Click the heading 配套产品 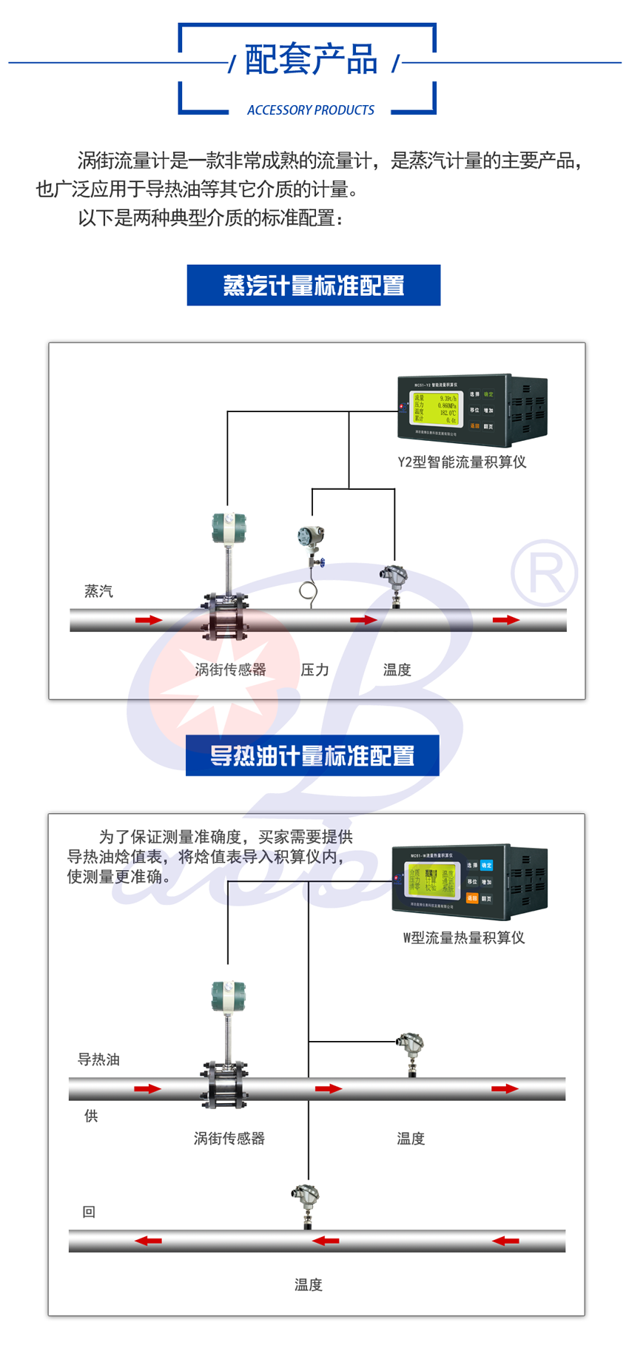pos(311,60)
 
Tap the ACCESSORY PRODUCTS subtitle pos(311,110)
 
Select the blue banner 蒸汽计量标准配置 pos(314,286)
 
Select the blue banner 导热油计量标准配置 pos(312,755)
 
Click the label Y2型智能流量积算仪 pos(462,462)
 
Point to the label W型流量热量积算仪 pos(464,938)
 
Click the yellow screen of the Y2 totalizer pos(435,408)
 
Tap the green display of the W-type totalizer pos(431,880)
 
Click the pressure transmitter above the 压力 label pos(311,538)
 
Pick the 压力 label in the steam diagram pos(314,670)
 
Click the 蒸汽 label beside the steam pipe pos(98,591)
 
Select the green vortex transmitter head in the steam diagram pos(228,528)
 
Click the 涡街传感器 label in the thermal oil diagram pos(229,1139)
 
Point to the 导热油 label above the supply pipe pos(98,1059)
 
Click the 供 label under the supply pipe pos(91,1116)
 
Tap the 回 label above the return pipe pos(89,1212)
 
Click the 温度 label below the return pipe pos(309,1285)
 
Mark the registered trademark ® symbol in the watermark pos(544,572)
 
